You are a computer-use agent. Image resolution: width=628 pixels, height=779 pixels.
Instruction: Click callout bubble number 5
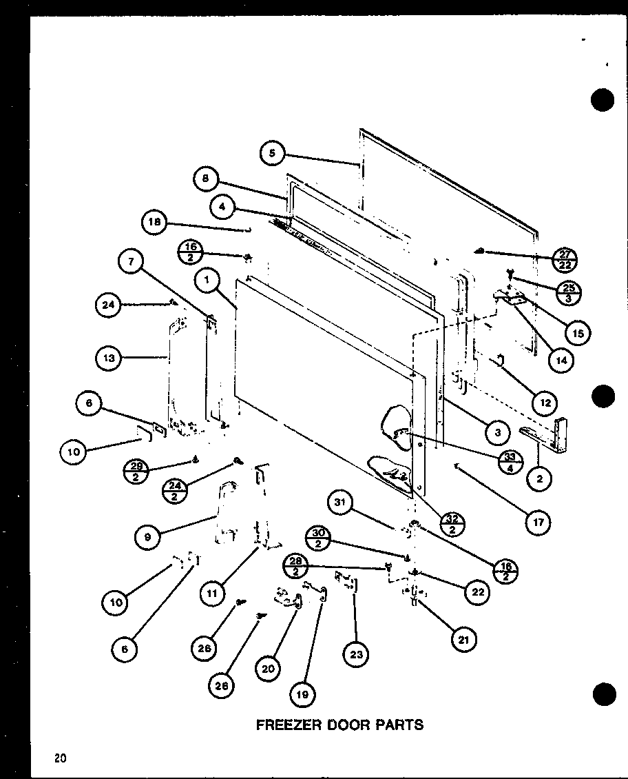click(x=273, y=154)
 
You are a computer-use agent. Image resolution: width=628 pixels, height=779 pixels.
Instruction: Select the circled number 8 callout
click(x=206, y=180)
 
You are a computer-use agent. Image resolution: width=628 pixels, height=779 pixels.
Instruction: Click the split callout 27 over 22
click(x=565, y=260)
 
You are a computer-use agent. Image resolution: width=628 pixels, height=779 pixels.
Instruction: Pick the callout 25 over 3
click(x=569, y=292)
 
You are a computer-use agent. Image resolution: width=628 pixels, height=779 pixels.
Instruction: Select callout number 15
click(x=576, y=333)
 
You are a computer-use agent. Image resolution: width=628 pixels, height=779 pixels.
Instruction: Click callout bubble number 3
click(x=496, y=432)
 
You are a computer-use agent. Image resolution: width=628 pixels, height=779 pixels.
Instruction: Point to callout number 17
click(x=537, y=523)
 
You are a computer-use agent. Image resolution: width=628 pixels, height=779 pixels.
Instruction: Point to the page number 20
click(x=61, y=758)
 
